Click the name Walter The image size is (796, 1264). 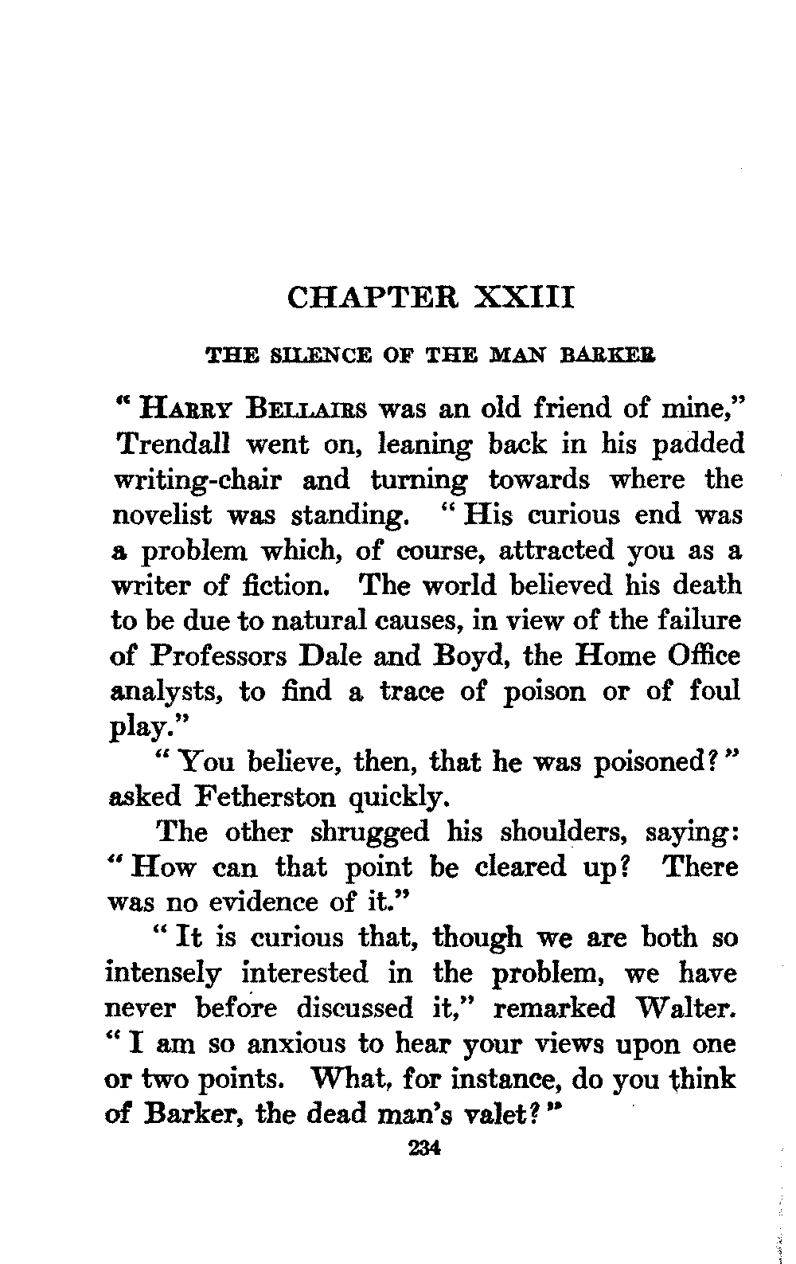[x=685, y=1008]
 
